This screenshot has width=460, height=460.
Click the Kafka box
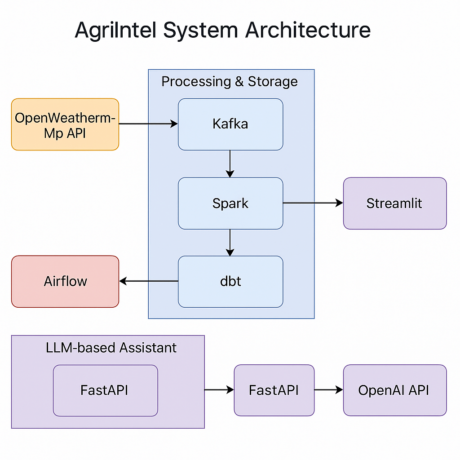230,124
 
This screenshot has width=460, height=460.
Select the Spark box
230,203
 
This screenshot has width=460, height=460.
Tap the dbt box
230,282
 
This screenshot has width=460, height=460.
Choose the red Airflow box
65,282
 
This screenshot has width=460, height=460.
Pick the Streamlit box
394,203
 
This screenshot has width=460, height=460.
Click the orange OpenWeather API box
65,124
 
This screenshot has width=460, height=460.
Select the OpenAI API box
394,390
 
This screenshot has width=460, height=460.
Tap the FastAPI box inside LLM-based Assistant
105,390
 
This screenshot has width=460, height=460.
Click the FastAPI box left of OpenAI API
274,390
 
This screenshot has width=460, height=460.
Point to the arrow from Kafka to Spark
230,164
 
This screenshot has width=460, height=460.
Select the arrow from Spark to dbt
230,243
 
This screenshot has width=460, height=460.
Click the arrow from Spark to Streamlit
313,203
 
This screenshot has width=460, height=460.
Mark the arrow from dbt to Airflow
149,281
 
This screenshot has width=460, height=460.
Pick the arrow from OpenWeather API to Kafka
148,124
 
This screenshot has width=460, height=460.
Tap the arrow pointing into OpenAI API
328,390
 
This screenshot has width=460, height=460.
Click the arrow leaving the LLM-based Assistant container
219,390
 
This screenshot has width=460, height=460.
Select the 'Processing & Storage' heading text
230,82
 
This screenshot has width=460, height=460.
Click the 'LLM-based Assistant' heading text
111,347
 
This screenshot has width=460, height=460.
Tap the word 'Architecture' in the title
308,31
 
